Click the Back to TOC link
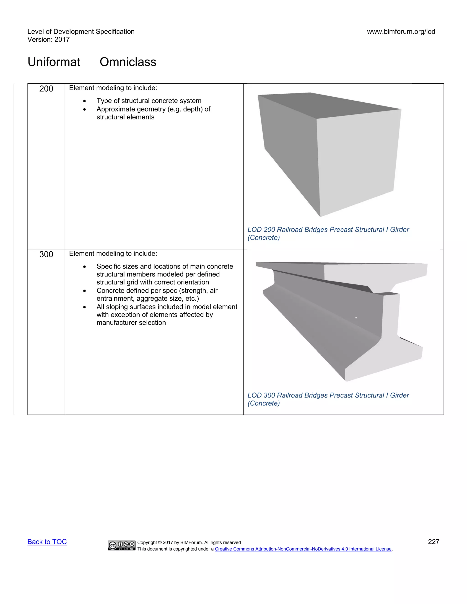47,542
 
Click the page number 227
433,542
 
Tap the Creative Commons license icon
122,545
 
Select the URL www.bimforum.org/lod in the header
401,31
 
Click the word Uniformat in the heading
54,62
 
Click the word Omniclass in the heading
128,62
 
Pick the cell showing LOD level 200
46,89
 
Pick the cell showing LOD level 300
46,254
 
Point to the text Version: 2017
48,40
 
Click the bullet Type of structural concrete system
149,101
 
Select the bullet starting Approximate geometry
153,113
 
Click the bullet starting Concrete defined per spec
157,294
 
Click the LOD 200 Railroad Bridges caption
328,233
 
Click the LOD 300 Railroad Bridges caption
328,399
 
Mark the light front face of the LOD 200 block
357,160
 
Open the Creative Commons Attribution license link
303,549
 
